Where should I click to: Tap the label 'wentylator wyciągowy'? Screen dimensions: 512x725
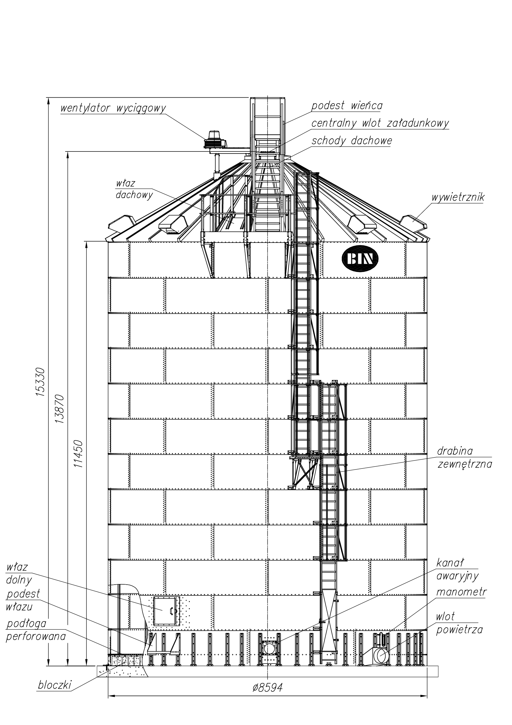(113, 108)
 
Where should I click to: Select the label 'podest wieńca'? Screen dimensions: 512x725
(347, 106)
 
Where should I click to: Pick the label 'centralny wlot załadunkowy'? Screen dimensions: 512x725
(380, 123)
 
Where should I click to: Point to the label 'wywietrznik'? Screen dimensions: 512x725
(458, 197)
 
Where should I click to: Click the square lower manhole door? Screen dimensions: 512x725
(166, 610)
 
